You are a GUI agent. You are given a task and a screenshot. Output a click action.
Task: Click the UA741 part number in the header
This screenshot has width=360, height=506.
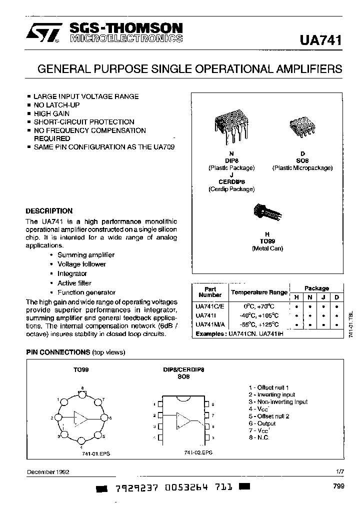pos(320,40)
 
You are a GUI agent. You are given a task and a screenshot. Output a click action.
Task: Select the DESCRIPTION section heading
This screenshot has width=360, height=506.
pos(49,211)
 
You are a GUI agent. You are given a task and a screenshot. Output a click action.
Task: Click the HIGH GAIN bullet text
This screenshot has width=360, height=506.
pos(51,113)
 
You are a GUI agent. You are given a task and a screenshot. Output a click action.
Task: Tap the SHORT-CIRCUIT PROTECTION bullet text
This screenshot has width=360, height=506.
pos(83,122)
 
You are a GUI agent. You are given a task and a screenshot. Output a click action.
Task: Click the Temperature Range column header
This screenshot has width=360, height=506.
pos(258,292)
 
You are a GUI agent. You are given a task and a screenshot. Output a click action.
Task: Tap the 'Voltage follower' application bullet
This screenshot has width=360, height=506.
pos(81,264)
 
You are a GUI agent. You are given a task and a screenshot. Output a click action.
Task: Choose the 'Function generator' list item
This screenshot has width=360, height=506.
pos(86,292)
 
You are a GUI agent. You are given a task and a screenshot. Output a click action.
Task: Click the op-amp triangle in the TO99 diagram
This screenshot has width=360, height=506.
pos(80,417)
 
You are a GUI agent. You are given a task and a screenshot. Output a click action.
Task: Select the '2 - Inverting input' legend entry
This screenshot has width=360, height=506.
pos(272,394)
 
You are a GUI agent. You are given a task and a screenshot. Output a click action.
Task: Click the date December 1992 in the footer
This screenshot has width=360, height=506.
pos(48,471)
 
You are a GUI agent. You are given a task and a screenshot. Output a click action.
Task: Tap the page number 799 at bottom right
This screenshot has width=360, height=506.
pos(337,485)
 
